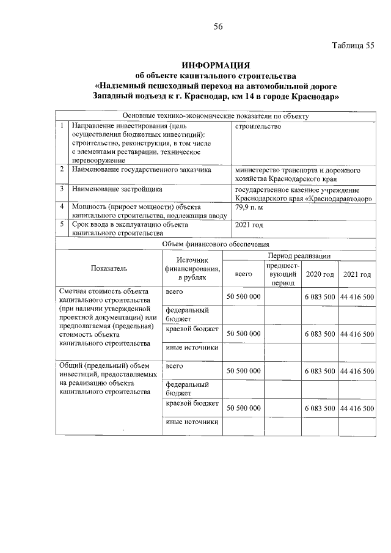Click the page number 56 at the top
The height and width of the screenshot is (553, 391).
[x=218, y=26]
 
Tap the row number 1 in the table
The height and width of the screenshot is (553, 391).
[x=62, y=126]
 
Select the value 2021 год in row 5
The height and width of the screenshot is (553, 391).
[x=249, y=225]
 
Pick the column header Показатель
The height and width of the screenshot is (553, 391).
[x=109, y=268]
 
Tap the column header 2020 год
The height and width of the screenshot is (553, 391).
[x=320, y=274]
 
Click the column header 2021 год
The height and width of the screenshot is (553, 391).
[x=357, y=274]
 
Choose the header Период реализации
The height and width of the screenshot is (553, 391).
[x=299, y=255]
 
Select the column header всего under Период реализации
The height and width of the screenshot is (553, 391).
[x=243, y=274]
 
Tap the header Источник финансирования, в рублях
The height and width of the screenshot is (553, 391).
[x=191, y=268]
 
